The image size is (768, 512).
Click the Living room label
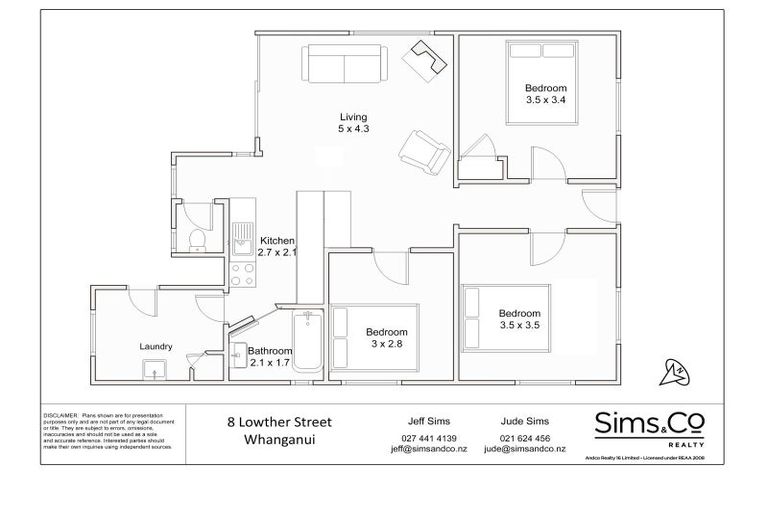pyautogui.click(x=347, y=118)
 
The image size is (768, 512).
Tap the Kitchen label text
pyautogui.click(x=277, y=241)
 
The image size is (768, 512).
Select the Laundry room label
pyautogui.click(x=157, y=347)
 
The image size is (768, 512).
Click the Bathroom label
pyautogui.click(x=270, y=351)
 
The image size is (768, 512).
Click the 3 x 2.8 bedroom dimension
pyautogui.click(x=386, y=344)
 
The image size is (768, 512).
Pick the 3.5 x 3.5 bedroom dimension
pyautogui.click(x=519, y=325)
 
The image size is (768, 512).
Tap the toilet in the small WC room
pyautogui.click(x=197, y=238)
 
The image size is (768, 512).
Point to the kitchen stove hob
pyautogui.click(x=242, y=273)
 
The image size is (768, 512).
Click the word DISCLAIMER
pyautogui.click(x=62, y=413)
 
